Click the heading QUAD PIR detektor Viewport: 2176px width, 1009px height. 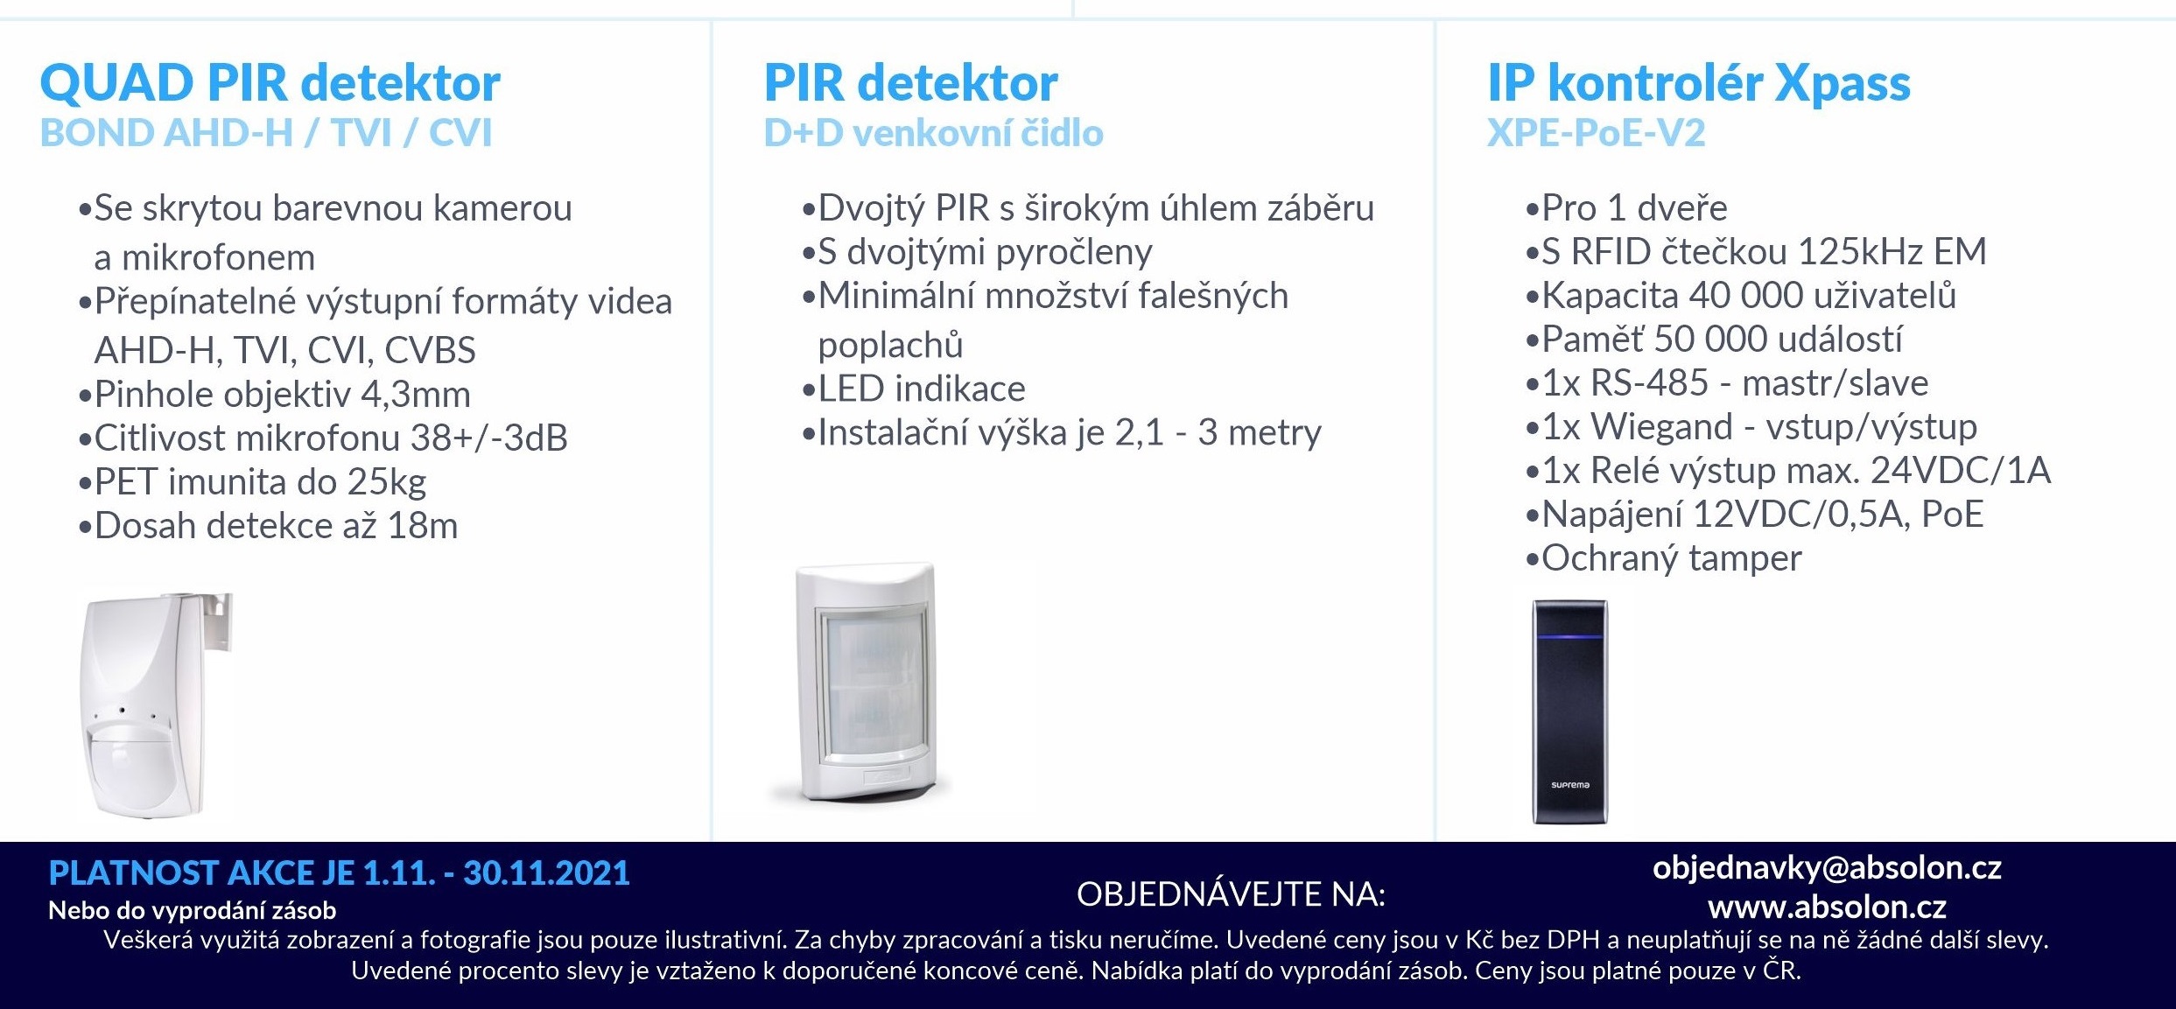tap(270, 84)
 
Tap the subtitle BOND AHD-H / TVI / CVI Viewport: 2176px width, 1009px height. tap(266, 133)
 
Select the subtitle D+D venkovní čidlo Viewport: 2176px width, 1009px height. tap(933, 133)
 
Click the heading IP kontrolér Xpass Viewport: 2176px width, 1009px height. tap(1699, 84)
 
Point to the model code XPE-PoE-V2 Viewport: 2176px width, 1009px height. tap(1597, 133)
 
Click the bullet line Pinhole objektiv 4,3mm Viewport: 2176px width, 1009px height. tap(274, 395)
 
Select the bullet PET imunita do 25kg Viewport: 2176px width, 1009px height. tap(252, 482)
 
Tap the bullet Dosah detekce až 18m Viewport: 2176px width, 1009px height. tap(268, 526)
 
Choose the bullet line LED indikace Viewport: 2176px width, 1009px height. tap(913, 389)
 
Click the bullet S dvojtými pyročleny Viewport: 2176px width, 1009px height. tap(977, 253)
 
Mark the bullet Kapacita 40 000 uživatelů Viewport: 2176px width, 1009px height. tap(1740, 296)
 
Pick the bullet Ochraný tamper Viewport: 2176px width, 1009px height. tap(1663, 558)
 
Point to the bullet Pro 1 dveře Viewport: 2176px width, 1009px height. tap(1626, 208)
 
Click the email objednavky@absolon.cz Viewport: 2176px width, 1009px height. tap(1827, 868)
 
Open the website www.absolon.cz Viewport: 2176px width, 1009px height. tap(1827, 907)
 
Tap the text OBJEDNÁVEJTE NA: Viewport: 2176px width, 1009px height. tap(1231, 894)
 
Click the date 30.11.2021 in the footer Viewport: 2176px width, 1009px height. tap(546, 873)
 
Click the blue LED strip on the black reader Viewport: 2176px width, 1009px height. tap(1569, 636)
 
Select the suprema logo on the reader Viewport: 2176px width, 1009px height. tap(1569, 785)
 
